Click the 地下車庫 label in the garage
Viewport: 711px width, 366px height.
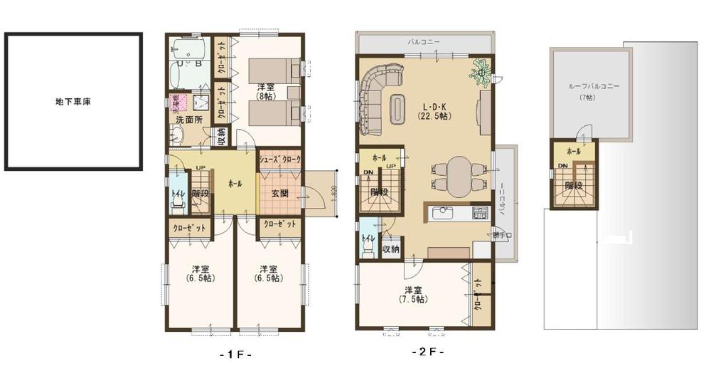tap(73, 102)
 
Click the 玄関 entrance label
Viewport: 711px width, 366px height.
tap(279, 194)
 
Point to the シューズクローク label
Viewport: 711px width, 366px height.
tap(279, 160)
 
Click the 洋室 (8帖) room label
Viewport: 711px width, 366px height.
tap(264, 90)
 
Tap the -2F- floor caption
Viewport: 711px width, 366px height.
tap(427, 352)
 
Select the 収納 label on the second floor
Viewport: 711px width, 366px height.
tap(390, 249)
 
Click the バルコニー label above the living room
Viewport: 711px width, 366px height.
tap(423, 43)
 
